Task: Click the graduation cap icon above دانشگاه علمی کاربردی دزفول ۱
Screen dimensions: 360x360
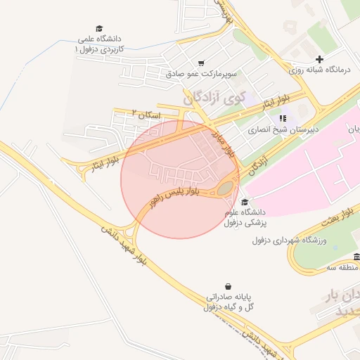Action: point(100,26)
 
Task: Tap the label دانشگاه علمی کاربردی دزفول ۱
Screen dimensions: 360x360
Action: point(100,44)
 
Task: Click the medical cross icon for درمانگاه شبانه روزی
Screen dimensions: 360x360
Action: point(320,59)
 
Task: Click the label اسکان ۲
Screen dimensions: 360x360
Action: point(147,113)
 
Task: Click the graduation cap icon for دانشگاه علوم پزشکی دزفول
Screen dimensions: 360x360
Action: point(244,202)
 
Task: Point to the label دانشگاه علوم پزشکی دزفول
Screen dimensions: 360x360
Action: point(246,217)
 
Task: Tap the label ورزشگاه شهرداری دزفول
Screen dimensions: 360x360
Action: point(287,240)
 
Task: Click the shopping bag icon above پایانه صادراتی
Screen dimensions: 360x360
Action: point(229,286)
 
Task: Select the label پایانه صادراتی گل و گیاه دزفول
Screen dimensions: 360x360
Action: point(229,302)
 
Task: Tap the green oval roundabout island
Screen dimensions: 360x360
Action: point(225,188)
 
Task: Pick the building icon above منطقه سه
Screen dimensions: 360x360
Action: point(356,257)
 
